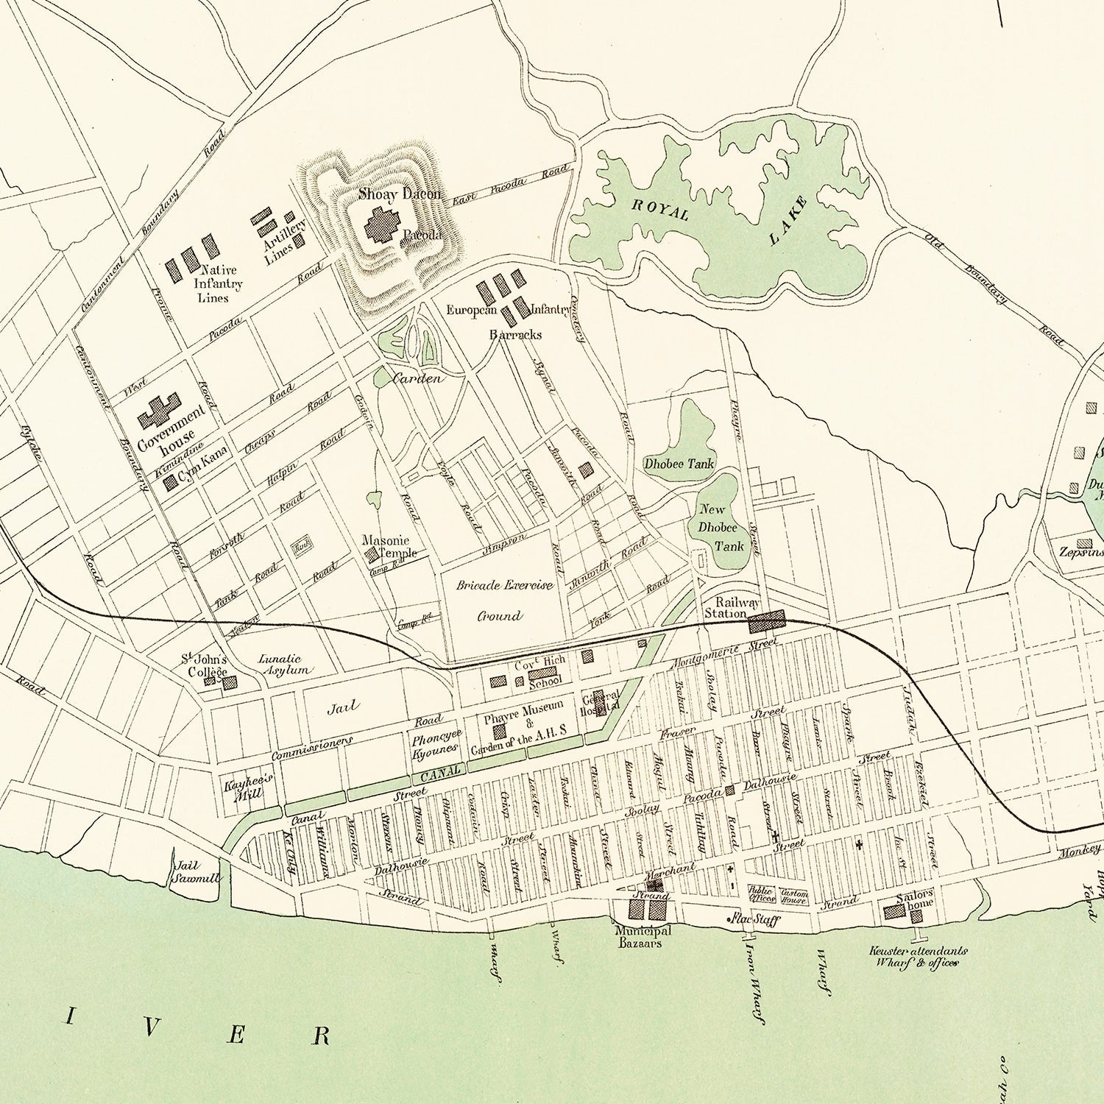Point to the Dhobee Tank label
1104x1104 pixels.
[x=669, y=464]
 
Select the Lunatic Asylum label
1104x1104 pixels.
[x=285, y=665]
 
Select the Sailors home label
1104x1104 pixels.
[x=916, y=900]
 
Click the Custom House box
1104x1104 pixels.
[x=794, y=895]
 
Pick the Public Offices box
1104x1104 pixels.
[x=761, y=894]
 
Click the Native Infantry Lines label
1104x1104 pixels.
[x=217, y=283]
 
